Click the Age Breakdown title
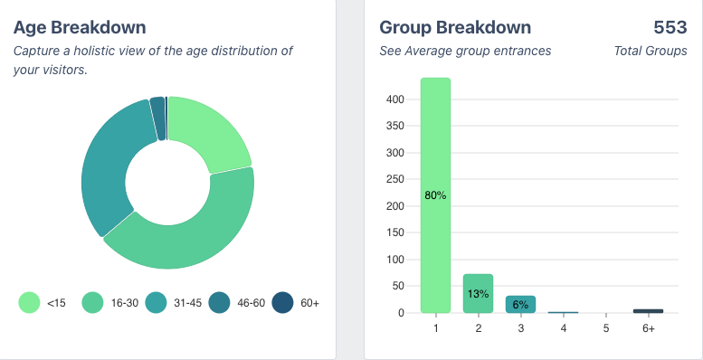tap(80, 28)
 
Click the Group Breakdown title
tap(455, 28)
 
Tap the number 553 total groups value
tap(670, 28)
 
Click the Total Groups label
tap(650, 51)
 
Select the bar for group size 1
tap(435, 194)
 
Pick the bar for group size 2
tap(478, 293)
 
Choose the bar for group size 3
tap(520, 305)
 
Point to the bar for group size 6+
tap(648, 311)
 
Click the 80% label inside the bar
tap(435, 195)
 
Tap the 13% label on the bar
tap(478, 294)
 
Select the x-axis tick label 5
tap(605, 328)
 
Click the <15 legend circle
tap(30, 302)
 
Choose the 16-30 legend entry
tap(109, 302)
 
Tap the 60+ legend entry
tap(298, 302)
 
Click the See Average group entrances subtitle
tap(465, 51)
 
